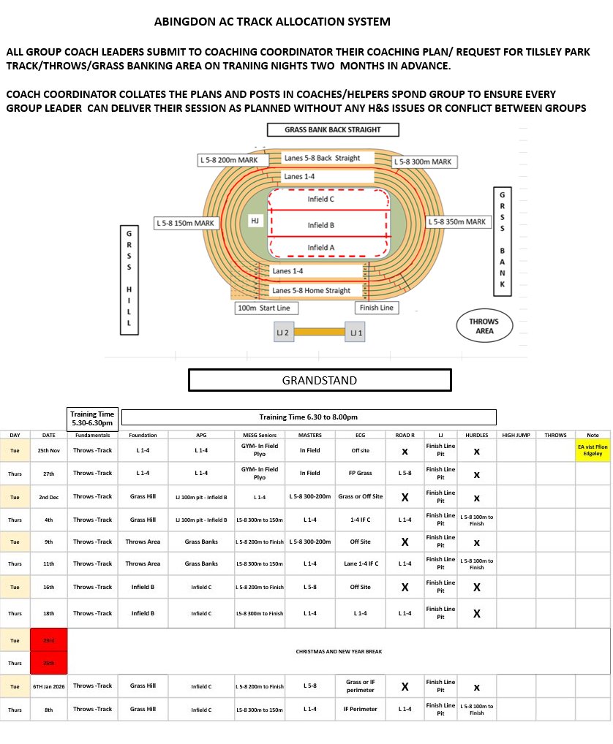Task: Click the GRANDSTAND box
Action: (x=320, y=380)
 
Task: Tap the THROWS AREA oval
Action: (x=484, y=325)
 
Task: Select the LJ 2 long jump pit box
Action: (x=284, y=333)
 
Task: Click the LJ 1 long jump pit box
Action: (x=356, y=333)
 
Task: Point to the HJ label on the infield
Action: (x=255, y=220)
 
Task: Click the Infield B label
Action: (x=320, y=225)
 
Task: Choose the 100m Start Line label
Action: (x=263, y=308)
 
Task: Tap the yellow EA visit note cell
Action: (x=593, y=450)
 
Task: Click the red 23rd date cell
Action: (x=48, y=639)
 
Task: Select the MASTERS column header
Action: (x=309, y=435)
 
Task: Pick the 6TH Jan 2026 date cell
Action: (x=48, y=686)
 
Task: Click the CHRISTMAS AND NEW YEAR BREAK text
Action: (x=339, y=651)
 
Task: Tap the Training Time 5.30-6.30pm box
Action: (x=91, y=419)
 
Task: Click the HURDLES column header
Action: (x=476, y=435)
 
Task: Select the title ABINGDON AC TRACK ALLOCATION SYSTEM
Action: (x=272, y=22)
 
